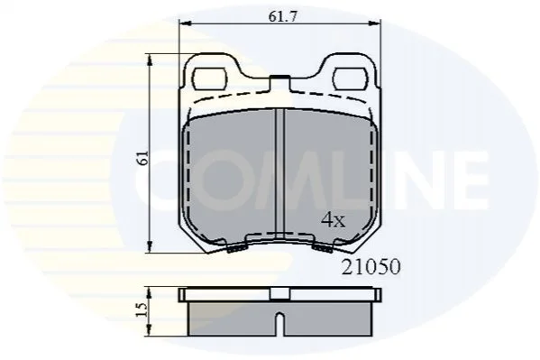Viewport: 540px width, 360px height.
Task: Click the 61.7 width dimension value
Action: click(x=282, y=16)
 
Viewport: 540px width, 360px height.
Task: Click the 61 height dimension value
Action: click(x=143, y=158)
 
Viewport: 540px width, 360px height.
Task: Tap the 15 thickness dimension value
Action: click(x=142, y=309)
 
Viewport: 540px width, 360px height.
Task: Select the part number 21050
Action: click(x=371, y=266)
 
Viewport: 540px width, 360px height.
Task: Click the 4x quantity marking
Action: click(x=333, y=220)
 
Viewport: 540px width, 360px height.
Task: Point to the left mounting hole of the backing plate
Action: click(x=210, y=78)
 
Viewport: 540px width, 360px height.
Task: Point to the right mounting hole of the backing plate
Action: click(x=351, y=78)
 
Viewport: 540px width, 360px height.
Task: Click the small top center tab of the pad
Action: click(x=279, y=83)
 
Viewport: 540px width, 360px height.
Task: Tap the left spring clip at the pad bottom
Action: click(x=238, y=248)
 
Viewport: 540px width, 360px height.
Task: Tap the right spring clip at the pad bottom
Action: click(x=323, y=248)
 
